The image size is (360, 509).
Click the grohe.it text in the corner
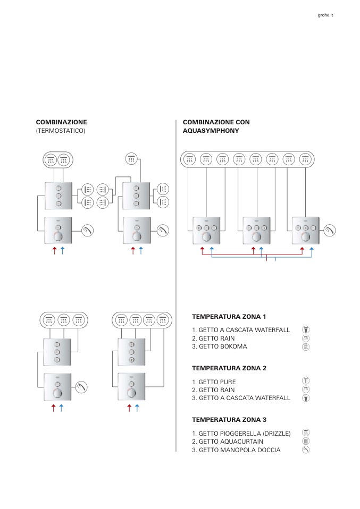click(325, 15)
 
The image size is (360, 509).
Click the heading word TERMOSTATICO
click(61, 130)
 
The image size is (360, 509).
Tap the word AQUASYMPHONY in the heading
click(211, 130)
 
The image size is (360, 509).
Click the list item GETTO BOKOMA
click(219, 346)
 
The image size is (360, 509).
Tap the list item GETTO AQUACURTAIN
click(227, 442)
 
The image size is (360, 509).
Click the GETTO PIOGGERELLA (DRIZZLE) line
click(241, 434)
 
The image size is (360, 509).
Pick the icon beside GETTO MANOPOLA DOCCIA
click(306, 449)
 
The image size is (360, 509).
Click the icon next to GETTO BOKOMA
click(306, 346)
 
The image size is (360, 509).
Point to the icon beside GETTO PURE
click(306, 380)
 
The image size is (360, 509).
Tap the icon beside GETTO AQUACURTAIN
click(306, 441)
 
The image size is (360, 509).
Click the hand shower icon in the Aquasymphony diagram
click(329, 230)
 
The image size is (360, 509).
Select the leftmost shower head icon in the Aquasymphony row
click(189, 158)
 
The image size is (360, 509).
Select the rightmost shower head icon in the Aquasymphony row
click(305, 158)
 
